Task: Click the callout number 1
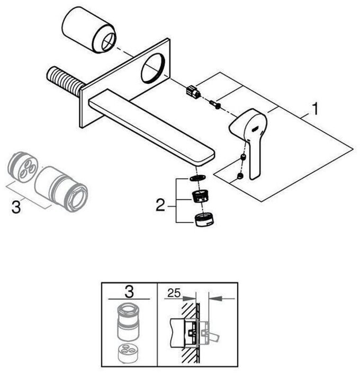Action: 314,109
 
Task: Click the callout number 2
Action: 160,205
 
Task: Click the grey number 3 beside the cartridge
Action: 16,207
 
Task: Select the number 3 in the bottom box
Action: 129,291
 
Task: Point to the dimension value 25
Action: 174,293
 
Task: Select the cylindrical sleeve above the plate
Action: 89,30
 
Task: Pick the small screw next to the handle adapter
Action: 215,104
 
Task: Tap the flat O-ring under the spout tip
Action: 197,177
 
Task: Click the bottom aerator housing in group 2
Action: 204,219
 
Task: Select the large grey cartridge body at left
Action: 61,189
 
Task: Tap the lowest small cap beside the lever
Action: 240,176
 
